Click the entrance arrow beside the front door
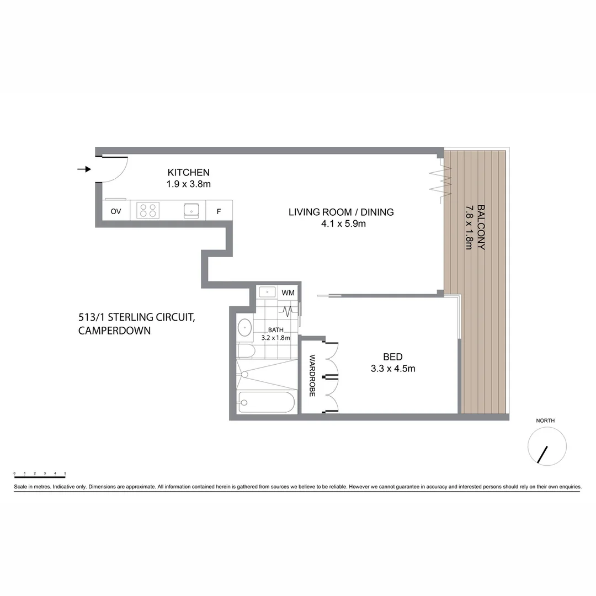pos(84,169)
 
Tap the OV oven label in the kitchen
pos(116,211)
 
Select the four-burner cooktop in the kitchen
pos(148,210)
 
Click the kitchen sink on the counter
pos(191,210)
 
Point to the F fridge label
pos(219,211)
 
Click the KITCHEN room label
pos(188,172)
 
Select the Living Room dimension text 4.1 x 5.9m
pos(341,223)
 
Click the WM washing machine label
pos(288,292)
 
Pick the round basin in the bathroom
pos(245,328)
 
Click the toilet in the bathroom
pos(245,350)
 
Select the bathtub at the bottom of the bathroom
pos(267,402)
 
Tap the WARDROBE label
pos(312,376)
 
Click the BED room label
pos(393,356)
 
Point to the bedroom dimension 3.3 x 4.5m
pos(393,369)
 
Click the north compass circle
pos(547,446)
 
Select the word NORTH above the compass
pos(545,421)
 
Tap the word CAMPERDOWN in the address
pos(114,331)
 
